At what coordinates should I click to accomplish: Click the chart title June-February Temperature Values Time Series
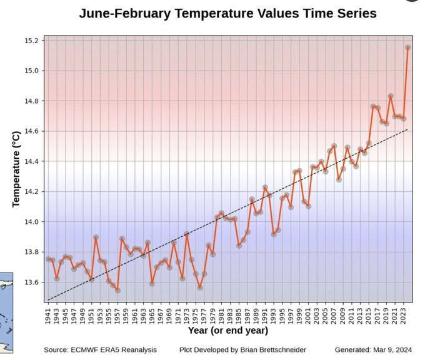(x=227, y=13)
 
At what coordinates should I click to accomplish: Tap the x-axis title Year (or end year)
(x=227, y=330)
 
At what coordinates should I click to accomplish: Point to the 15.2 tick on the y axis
(x=31, y=41)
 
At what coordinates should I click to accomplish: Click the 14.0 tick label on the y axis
(x=31, y=222)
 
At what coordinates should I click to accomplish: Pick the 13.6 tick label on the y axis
(x=31, y=282)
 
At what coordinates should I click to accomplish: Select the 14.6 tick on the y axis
(x=31, y=131)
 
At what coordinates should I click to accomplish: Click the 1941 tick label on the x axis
(x=48, y=312)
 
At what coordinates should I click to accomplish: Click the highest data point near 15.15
(x=407, y=47)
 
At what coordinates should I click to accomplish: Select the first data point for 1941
(x=48, y=259)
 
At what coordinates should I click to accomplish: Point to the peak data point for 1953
(x=96, y=237)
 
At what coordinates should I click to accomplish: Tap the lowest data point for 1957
(x=117, y=290)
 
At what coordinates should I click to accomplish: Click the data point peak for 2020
(x=391, y=96)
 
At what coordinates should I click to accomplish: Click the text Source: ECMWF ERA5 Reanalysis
(x=100, y=349)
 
